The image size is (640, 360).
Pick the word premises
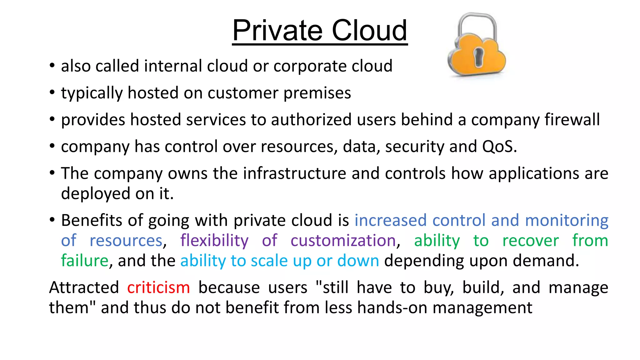pyautogui.click(x=317, y=93)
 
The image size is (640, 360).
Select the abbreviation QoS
pyautogui.click(x=498, y=146)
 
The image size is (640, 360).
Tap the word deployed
pyautogui.click(x=95, y=194)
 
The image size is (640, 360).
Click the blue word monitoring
pyautogui.click(x=567, y=221)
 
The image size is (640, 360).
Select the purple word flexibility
pyautogui.click(x=214, y=241)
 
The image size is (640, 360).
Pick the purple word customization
pyautogui.click(x=343, y=241)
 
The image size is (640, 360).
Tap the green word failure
pyautogui.click(x=85, y=261)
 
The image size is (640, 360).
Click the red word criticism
pyautogui.click(x=158, y=287)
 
